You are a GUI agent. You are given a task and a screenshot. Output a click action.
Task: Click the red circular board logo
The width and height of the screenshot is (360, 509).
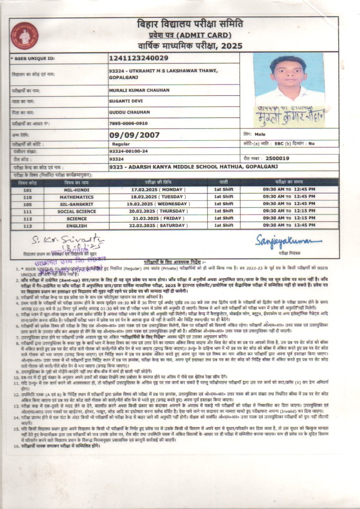click(x=25, y=36)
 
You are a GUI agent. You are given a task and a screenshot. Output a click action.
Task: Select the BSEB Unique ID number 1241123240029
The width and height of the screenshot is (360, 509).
click(x=139, y=58)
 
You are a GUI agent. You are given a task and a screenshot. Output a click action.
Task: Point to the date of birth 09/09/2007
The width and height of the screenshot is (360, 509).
click(x=135, y=135)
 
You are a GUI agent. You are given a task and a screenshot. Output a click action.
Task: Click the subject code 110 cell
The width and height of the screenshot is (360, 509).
click(x=27, y=197)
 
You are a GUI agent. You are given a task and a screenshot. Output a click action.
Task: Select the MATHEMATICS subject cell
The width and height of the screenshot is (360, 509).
click(x=77, y=197)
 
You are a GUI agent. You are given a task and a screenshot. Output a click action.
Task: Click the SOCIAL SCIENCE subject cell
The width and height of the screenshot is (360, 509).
click(x=77, y=211)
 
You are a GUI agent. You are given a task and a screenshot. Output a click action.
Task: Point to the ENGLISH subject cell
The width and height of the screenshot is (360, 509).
click(x=77, y=226)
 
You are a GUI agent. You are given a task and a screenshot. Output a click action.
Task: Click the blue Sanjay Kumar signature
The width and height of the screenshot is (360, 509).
click(x=288, y=241)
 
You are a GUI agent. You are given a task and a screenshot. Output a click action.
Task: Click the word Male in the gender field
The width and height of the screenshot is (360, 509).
click(x=260, y=135)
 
